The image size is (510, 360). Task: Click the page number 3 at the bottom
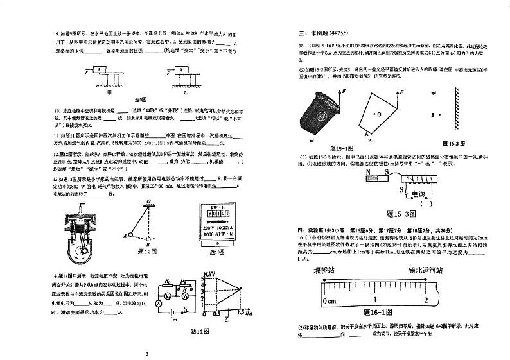coord(146,354)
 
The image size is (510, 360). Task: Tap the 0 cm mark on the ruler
coord(329,300)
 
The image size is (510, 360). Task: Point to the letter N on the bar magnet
coord(369,173)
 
